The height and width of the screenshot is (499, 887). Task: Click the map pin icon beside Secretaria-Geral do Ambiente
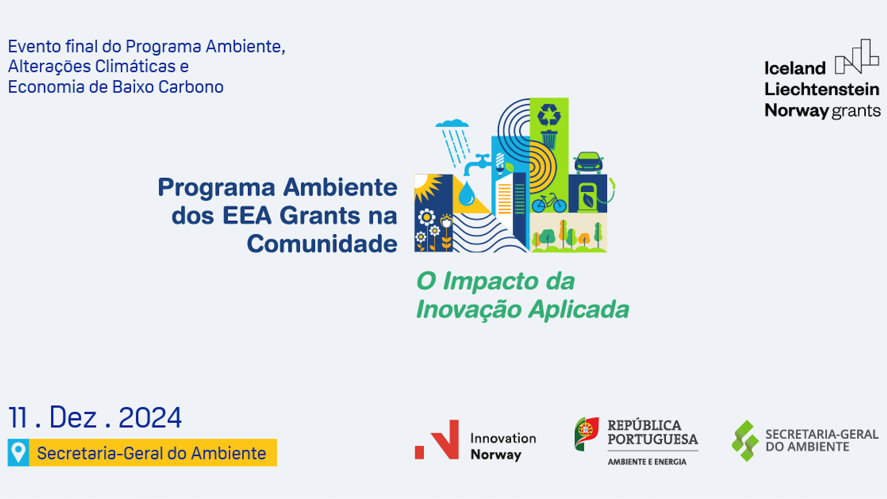pyautogui.click(x=18, y=452)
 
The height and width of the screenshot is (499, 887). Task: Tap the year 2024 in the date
pyautogui.click(x=150, y=418)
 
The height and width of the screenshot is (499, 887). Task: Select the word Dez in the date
pyautogui.click(x=73, y=418)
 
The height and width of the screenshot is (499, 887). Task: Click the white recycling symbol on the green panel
pyautogui.click(x=549, y=115)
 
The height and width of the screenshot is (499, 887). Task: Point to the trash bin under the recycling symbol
pyautogui.click(x=549, y=140)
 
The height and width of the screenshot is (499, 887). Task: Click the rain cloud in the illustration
pyautogui.click(x=452, y=124)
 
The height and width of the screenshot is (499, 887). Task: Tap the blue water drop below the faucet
pyautogui.click(x=466, y=194)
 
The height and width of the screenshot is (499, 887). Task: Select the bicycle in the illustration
pyautogui.click(x=549, y=203)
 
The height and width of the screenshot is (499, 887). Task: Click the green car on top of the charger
pyautogui.click(x=588, y=162)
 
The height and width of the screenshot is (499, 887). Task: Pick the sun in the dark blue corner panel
pyautogui.click(x=424, y=185)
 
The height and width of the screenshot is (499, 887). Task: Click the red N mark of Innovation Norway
pyautogui.click(x=443, y=439)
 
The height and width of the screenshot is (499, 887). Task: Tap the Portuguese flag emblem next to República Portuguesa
pyautogui.click(x=586, y=433)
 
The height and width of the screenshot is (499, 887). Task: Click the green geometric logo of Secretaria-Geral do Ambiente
pyautogui.click(x=745, y=440)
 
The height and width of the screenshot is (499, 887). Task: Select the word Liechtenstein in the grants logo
pyautogui.click(x=821, y=89)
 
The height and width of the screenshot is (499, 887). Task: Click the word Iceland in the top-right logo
pyautogui.click(x=795, y=68)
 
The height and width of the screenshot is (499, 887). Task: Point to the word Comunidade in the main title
pyautogui.click(x=322, y=244)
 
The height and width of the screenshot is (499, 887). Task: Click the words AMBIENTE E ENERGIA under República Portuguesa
pyautogui.click(x=647, y=462)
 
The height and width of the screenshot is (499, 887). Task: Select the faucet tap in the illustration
pyautogui.click(x=478, y=163)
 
